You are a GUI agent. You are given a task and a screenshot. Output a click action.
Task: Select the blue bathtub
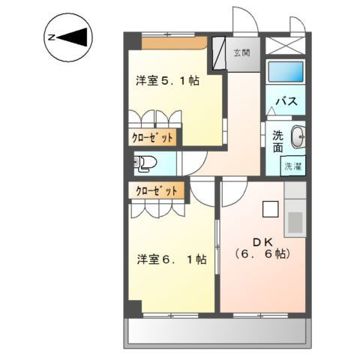(286, 73)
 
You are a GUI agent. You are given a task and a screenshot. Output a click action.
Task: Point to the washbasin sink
(295, 137)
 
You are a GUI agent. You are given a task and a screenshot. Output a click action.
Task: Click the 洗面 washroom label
(277, 141)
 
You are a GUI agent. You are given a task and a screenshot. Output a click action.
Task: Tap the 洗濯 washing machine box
(292, 166)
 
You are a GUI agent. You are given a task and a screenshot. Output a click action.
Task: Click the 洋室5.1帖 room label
(168, 81)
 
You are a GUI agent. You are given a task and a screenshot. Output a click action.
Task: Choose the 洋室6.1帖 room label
(172, 259)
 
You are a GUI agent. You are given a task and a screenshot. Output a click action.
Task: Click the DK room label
(262, 241)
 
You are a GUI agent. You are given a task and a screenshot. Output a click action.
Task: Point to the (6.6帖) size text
(262, 254)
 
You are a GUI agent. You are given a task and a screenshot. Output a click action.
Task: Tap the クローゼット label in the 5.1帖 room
(154, 138)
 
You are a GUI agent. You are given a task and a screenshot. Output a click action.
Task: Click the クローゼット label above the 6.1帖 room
(157, 190)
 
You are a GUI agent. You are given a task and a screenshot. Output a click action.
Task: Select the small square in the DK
(270, 210)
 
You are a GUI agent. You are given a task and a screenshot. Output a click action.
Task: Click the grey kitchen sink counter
(295, 217)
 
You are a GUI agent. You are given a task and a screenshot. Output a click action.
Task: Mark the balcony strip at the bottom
(217, 330)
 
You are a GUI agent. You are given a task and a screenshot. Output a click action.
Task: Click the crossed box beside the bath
(286, 45)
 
